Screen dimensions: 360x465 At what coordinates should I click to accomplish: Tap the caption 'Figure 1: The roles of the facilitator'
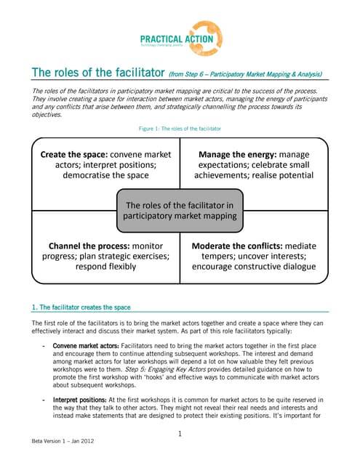tap(180, 129)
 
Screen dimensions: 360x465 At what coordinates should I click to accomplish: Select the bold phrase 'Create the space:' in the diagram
tap(74, 155)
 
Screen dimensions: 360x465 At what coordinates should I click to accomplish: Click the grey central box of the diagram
tap(180, 211)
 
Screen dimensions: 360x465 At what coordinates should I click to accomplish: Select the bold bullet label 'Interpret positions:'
tap(78, 400)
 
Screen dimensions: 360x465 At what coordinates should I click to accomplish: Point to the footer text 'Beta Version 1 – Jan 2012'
tap(62, 441)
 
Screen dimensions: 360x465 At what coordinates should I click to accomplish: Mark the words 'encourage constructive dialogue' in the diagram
tap(254, 267)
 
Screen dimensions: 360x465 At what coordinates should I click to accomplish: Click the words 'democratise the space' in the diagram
tap(105, 176)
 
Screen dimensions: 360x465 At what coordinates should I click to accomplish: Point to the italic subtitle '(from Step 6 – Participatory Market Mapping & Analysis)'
tap(245, 74)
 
